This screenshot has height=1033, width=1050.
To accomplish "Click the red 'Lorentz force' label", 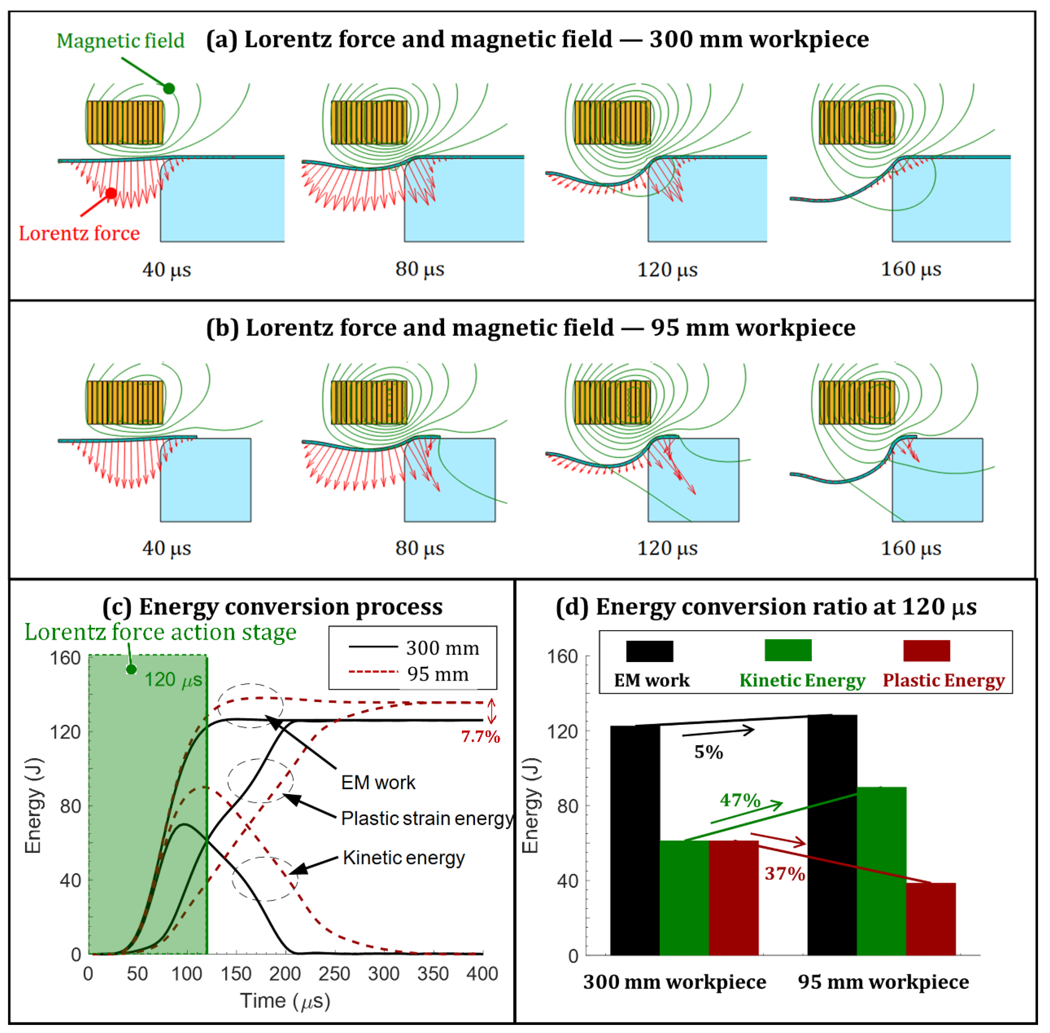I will pos(79,233).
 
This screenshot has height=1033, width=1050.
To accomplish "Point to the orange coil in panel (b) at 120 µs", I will pos(612,402).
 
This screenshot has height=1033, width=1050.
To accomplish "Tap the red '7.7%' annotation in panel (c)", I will pos(480,736).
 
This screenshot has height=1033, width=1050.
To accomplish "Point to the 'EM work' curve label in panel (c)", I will pos(378,782).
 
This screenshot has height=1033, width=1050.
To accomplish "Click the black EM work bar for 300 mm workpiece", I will pos(635,841).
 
